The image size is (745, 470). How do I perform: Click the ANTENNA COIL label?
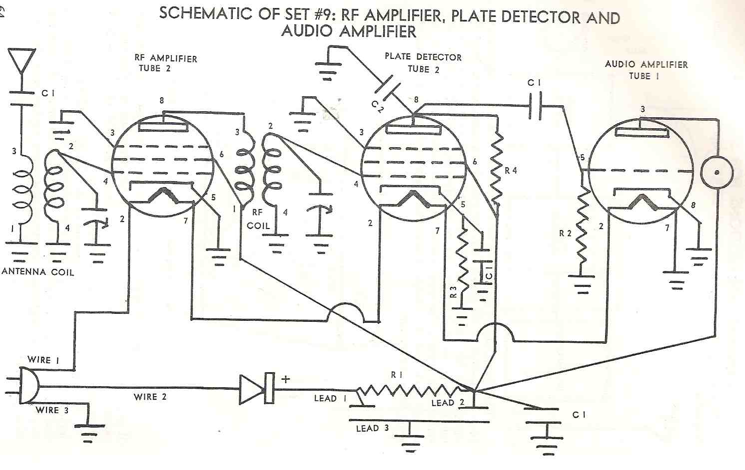point(38,272)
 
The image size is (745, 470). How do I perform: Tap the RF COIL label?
point(258,219)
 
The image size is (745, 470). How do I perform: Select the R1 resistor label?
point(397,374)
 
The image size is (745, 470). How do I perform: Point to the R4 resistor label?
point(511,171)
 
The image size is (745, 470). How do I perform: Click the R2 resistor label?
point(565,233)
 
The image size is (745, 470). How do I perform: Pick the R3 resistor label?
point(453,291)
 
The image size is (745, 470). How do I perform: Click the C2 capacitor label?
point(377,106)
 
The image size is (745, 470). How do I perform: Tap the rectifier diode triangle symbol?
point(251,389)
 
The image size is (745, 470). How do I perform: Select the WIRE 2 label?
point(150,397)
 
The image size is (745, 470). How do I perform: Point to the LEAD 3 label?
point(372,428)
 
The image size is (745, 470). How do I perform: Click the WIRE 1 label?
point(43,360)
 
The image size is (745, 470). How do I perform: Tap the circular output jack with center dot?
point(717,172)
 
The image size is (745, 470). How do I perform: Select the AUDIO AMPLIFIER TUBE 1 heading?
point(646,70)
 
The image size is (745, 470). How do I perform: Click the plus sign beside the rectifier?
point(285,379)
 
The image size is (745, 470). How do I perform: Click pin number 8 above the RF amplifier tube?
point(162,100)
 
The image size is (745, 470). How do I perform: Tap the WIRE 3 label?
point(52,410)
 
